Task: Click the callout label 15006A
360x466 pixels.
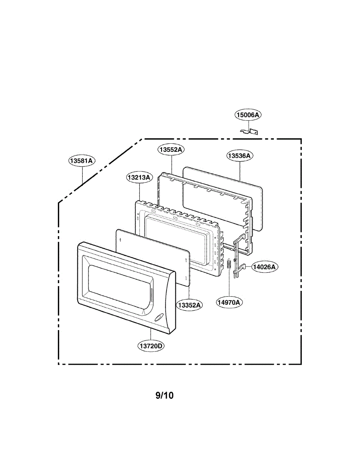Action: pos(249,115)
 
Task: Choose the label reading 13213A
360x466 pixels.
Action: pos(139,177)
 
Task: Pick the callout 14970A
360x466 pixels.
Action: pos(229,302)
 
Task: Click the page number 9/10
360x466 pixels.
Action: pos(165,396)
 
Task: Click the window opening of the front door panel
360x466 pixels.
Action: pos(117,283)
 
